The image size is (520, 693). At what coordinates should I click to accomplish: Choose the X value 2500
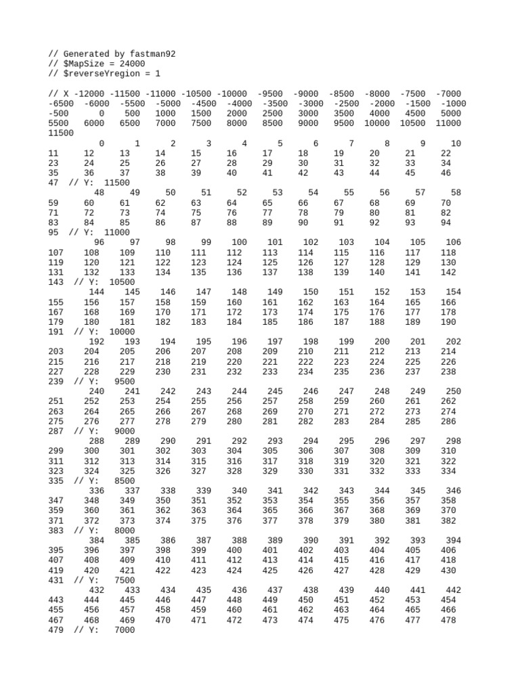(x=272, y=114)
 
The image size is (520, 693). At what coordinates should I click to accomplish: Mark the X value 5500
(x=60, y=124)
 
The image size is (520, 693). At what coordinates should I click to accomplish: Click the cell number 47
(x=54, y=183)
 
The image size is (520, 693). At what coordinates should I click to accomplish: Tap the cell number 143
(x=57, y=282)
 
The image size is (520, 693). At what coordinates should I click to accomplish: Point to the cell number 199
(x=346, y=342)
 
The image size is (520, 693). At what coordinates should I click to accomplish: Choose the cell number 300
(x=91, y=451)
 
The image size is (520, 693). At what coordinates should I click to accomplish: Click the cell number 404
(x=377, y=550)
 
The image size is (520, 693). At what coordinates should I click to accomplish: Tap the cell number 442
(x=453, y=590)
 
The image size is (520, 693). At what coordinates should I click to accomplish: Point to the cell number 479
(x=57, y=629)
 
